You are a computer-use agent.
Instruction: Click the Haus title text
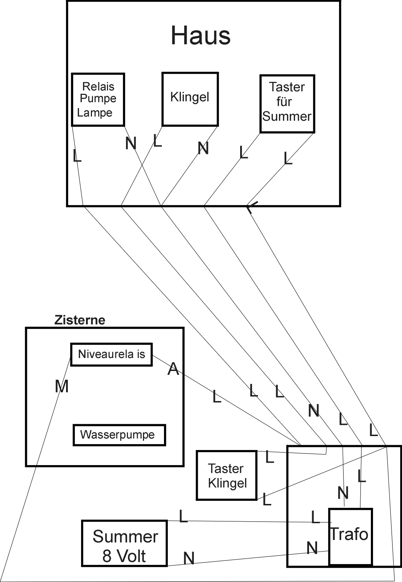[201, 36]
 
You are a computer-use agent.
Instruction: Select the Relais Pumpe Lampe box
[98, 99]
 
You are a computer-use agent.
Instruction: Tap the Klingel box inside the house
[190, 99]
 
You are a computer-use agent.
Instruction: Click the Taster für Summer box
[287, 104]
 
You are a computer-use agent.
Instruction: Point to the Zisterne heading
[80, 320]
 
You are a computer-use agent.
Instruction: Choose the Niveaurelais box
[112, 355]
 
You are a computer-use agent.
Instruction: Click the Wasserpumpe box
[119, 435]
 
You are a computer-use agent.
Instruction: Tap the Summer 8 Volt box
[124, 543]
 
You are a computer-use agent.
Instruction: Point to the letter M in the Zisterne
[62, 387]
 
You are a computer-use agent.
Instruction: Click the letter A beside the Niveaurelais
[173, 369]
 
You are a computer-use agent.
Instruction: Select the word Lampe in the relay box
[95, 113]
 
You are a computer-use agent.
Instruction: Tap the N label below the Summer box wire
[189, 558]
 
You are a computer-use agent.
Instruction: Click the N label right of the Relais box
[131, 143]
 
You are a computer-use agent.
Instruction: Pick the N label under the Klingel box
[203, 148]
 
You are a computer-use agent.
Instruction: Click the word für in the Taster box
[284, 101]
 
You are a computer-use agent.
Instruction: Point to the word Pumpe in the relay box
[98, 98]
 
